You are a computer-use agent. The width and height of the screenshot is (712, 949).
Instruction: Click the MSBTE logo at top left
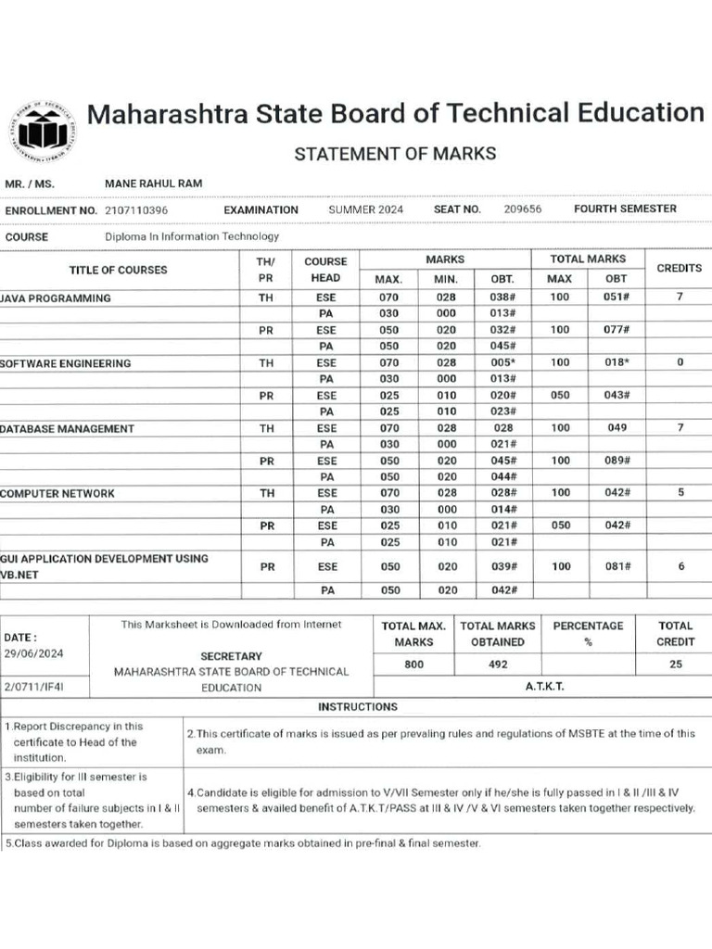pos(43,130)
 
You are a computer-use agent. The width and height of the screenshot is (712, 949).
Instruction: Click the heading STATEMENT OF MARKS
pos(395,154)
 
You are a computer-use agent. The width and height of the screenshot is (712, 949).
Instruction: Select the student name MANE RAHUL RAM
pos(154,183)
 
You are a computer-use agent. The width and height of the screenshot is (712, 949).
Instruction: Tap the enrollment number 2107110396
pos(136,210)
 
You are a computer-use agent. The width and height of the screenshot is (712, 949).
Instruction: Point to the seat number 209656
pos(523,209)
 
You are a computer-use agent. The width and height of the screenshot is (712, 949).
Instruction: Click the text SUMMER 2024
pos(366,209)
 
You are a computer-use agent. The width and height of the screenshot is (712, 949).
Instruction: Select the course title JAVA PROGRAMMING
pos(56,298)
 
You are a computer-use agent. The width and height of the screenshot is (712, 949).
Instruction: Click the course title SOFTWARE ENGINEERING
pos(65,363)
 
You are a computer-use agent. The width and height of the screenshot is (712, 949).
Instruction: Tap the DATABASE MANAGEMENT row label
pos(67,428)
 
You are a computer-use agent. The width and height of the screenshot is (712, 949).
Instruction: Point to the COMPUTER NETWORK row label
pos(57,493)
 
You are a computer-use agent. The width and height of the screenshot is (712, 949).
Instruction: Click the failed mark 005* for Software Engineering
pos(502,362)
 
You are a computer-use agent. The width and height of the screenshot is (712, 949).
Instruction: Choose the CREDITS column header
pos(680,268)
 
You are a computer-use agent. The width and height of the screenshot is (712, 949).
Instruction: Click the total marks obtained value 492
pos(498,664)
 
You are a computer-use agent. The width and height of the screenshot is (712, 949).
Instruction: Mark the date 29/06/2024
pos(32,653)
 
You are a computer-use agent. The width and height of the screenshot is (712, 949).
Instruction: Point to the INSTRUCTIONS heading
pos(358,706)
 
